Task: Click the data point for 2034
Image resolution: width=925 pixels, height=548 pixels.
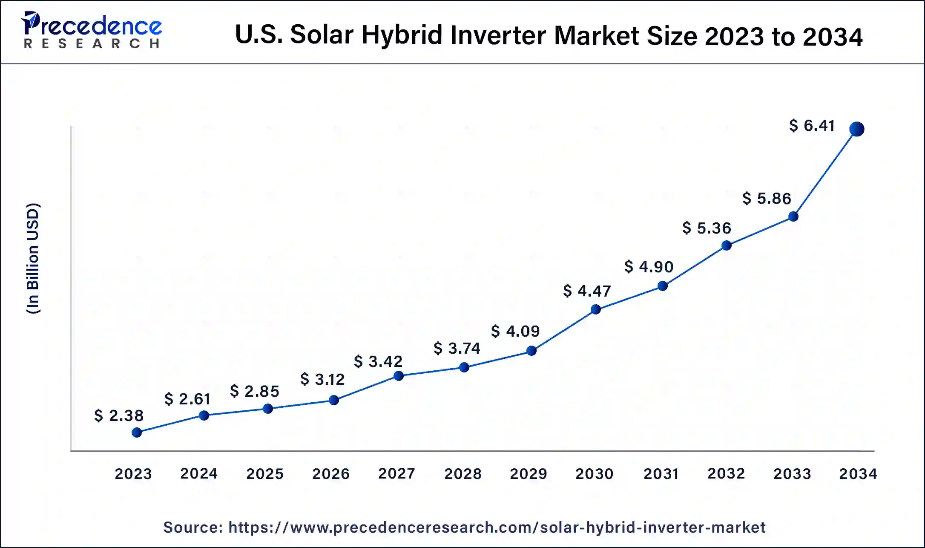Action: [x=856, y=129]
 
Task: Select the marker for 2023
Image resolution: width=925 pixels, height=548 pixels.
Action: [x=137, y=433]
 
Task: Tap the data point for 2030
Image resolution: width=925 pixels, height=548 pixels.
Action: [x=596, y=309]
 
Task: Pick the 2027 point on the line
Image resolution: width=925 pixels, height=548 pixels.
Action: [x=399, y=376]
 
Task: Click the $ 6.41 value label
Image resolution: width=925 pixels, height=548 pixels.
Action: [x=811, y=126]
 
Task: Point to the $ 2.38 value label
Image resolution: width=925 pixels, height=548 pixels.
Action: [x=118, y=415]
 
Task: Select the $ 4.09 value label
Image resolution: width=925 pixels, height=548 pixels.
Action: [x=515, y=331]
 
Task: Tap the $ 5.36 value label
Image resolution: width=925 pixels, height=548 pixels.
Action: [x=707, y=228]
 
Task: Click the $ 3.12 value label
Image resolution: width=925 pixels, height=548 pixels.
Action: [x=322, y=379]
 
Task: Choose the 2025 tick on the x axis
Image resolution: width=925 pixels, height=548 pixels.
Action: [x=264, y=473]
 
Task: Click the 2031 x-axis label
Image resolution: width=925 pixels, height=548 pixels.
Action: [x=661, y=473]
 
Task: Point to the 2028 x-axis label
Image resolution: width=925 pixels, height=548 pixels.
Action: [x=462, y=473]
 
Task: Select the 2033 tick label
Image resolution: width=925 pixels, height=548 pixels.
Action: [x=792, y=473]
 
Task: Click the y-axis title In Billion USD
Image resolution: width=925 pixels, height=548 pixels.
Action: [x=33, y=258]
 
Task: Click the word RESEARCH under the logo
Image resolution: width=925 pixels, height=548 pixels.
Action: [x=92, y=44]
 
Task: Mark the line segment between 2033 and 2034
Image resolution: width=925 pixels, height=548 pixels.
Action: [x=825, y=173]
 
